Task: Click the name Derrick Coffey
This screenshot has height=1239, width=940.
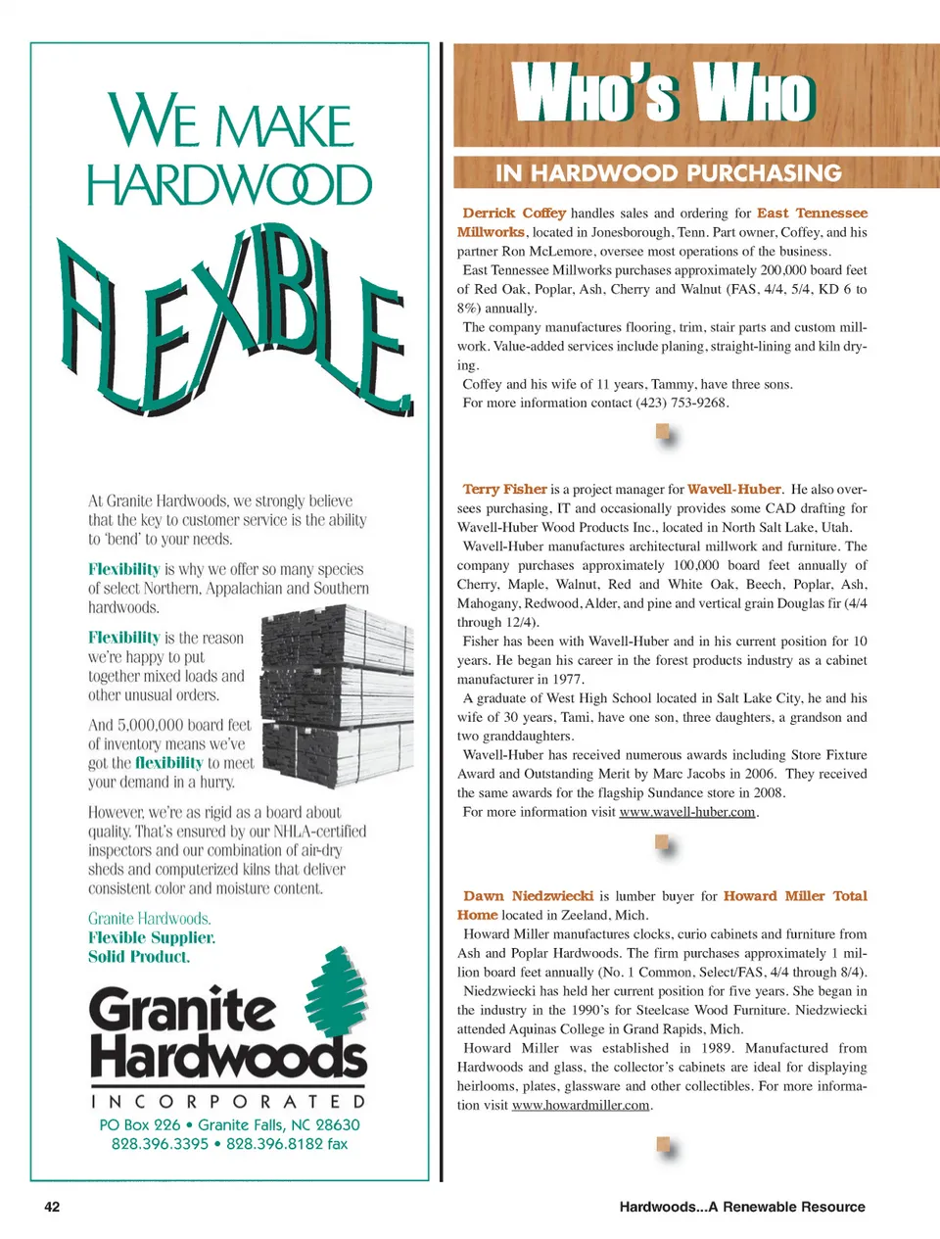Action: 514,213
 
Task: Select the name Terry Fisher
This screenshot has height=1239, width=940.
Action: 504,489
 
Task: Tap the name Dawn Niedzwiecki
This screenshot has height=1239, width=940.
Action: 528,895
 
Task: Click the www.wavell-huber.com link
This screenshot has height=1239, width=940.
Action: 687,812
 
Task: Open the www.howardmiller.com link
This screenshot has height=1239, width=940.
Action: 581,1105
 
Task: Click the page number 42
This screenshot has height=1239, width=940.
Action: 52,1207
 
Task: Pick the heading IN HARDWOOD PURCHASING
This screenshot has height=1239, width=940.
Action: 668,173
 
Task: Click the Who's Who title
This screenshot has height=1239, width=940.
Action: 663,95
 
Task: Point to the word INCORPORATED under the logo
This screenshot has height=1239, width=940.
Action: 228,1102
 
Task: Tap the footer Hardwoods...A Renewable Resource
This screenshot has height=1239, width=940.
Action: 741,1207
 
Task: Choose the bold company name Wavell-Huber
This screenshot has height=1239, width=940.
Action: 733,489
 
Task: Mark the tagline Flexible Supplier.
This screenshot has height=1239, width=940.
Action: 151,937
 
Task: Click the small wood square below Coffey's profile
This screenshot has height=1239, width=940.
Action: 664,432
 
